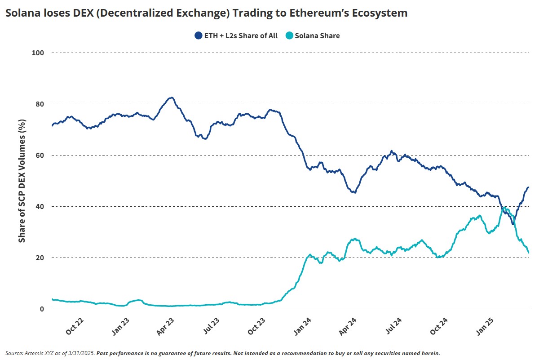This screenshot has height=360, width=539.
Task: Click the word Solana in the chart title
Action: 22,13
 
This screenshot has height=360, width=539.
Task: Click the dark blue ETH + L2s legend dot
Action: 198,36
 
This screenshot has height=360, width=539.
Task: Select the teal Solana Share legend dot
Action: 290,36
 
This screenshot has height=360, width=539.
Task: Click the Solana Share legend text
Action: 318,36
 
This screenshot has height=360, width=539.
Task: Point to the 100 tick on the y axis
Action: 38,53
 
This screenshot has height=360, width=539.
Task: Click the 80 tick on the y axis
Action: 40,104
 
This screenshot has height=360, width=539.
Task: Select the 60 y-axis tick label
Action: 40,156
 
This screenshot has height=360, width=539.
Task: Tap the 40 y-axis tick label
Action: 40,207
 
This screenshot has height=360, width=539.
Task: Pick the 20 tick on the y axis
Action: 40,258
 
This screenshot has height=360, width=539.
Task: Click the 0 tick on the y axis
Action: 42,309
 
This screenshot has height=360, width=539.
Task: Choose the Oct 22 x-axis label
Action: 75,326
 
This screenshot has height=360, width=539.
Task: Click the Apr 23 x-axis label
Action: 166,326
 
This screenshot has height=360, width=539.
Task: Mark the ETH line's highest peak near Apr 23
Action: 171,98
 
